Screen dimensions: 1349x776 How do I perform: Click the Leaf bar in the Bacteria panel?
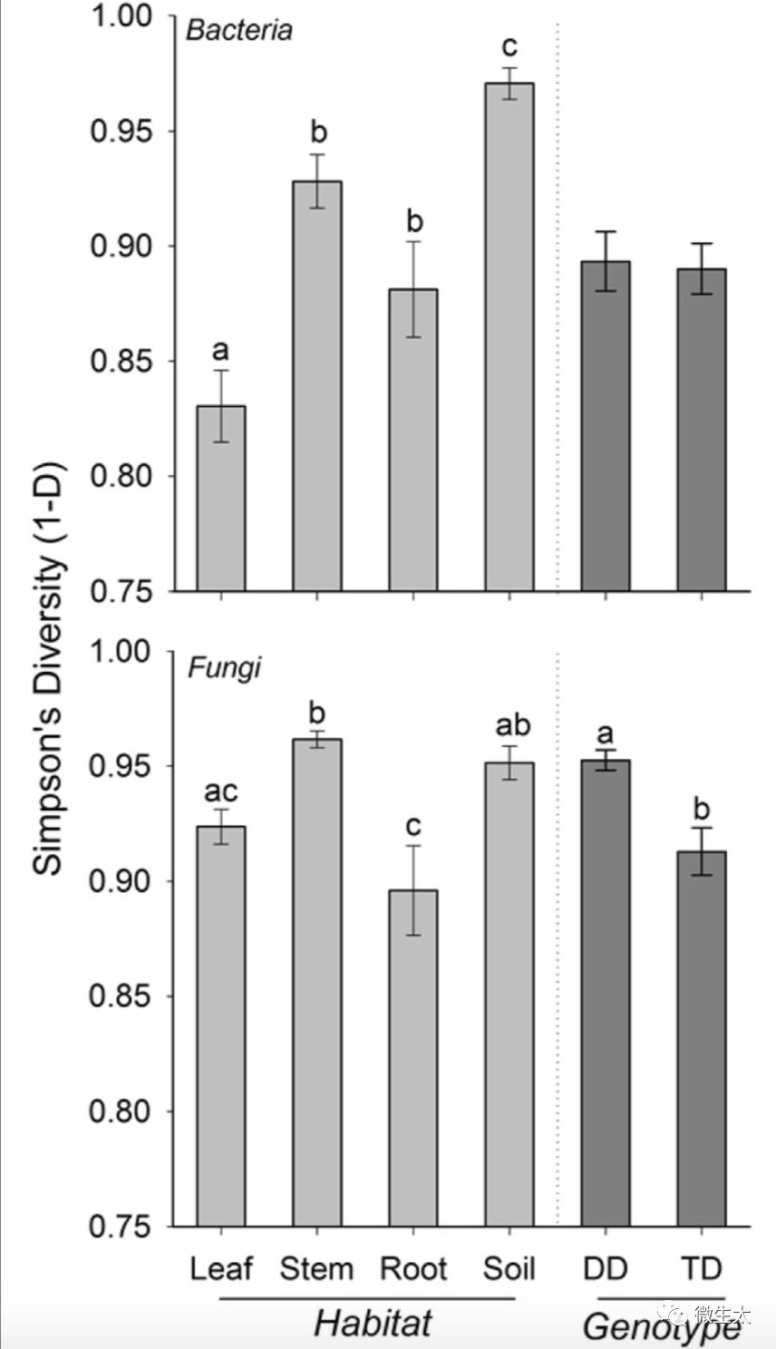(x=221, y=499)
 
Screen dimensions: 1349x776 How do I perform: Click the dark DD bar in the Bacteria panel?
(x=606, y=426)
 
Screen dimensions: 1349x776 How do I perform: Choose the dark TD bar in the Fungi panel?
(x=702, y=1039)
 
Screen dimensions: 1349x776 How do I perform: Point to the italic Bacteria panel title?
(x=239, y=31)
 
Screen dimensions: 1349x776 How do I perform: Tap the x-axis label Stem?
(x=316, y=1268)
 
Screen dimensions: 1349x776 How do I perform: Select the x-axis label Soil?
(x=509, y=1268)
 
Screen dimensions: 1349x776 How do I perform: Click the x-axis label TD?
(x=702, y=1268)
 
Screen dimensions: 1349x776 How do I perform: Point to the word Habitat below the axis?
(x=373, y=1324)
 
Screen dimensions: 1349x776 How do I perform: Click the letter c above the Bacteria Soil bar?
(x=509, y=45)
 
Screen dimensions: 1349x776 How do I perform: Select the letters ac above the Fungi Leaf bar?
(x=221, y=791)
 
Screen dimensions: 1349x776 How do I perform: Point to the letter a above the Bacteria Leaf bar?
(x=221, y=349)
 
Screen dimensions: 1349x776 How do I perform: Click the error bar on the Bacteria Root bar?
(x=413, y=289)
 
